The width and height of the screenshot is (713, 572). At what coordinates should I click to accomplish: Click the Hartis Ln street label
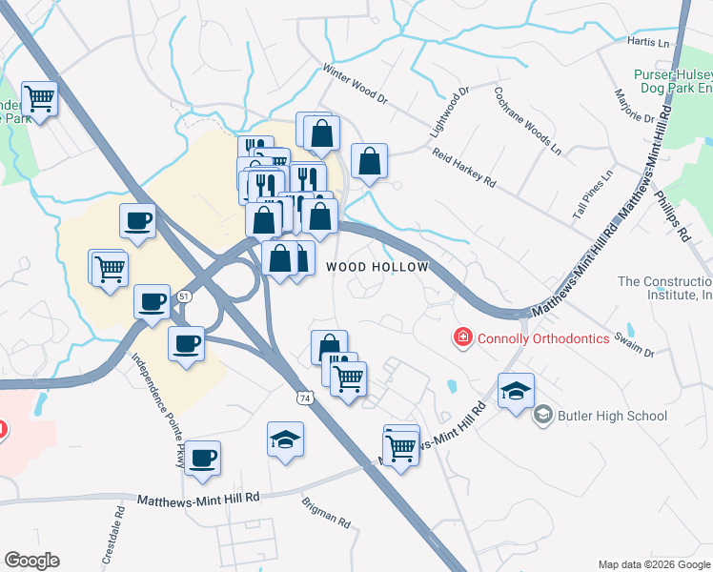coord(649,42)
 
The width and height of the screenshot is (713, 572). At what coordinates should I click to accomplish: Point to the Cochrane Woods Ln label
coord(528,121)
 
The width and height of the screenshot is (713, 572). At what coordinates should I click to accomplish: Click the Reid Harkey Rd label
coord(464,166)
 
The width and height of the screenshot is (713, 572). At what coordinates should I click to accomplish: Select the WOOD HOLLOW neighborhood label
coord(377,268)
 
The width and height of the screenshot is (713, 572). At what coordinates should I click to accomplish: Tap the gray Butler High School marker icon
coord(542,414)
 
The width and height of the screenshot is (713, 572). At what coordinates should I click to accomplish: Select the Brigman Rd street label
coord(326,513)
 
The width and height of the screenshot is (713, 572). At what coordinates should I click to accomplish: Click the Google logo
coord(31,561)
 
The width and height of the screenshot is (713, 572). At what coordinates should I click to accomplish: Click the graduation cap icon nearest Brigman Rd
coord(285,439)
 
